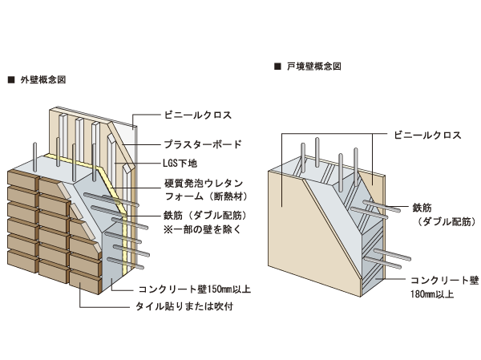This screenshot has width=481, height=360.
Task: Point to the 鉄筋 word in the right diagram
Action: (x=422, y=208)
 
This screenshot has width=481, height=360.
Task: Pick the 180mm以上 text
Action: (x=433, y=294)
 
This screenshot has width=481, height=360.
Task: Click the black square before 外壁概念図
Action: (x=10, y=80)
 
